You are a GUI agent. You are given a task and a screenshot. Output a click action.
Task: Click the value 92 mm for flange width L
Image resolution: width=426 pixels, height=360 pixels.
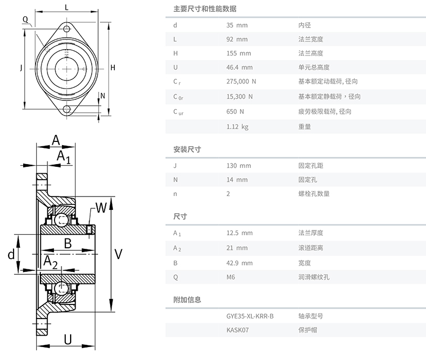coord(237,39)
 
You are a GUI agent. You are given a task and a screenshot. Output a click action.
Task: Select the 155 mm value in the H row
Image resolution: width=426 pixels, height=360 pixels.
coord(238,53)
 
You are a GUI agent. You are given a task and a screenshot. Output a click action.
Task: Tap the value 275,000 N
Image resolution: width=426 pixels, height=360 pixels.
coord(241,81)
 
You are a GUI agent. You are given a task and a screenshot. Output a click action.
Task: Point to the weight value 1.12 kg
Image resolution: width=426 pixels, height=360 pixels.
coord(237,127)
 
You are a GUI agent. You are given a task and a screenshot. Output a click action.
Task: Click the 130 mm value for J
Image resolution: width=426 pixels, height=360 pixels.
coord(238,166)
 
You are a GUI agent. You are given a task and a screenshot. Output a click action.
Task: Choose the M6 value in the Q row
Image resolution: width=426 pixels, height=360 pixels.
coord(230,277)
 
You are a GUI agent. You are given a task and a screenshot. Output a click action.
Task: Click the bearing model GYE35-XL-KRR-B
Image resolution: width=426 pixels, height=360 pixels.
coord(250,316)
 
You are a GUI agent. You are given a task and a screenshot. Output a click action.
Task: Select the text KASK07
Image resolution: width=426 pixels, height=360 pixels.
coord(237,330)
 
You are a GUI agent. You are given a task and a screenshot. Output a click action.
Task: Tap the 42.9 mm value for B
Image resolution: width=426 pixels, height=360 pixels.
coord(239,263)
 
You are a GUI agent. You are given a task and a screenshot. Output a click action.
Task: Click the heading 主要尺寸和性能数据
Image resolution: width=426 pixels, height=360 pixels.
coord(205,9)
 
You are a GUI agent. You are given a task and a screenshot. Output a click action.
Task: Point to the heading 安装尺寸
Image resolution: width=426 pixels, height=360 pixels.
coord(187,150)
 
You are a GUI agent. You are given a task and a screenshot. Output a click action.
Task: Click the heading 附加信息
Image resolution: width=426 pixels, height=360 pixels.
coord(187,300)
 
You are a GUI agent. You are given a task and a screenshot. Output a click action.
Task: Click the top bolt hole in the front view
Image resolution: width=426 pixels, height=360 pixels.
coord(66,29)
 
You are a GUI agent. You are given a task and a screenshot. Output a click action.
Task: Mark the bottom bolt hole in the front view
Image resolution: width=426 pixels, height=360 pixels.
coord(66,110)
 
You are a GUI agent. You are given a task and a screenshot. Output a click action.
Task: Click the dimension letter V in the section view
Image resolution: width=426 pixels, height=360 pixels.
coord(119,254)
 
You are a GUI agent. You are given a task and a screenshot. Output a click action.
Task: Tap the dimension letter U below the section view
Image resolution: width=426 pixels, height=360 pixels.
coord(67,339)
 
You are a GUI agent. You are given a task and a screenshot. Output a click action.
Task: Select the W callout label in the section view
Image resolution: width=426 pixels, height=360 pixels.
coord(101,208)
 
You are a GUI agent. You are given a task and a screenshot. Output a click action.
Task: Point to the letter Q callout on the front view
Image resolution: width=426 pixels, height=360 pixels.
coord(25,19)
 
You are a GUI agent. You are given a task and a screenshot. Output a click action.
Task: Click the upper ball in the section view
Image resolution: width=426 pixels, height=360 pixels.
coord(61,220)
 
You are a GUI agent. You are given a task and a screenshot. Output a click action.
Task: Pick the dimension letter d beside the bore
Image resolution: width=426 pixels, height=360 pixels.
coord(11,255)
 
